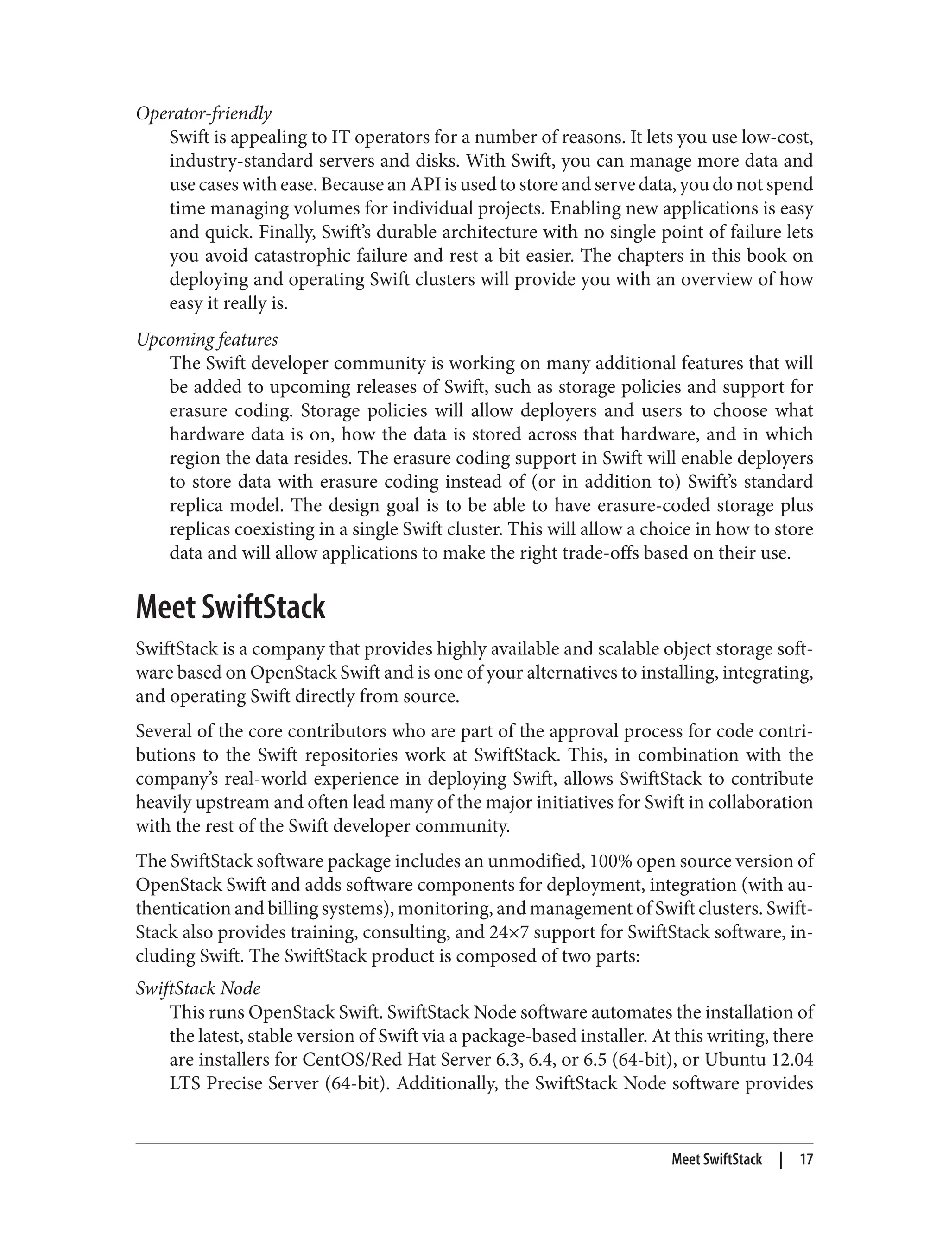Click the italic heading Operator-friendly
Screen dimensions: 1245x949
click(x=203, y=113)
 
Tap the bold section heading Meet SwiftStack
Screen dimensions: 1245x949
click(x=230, y=608)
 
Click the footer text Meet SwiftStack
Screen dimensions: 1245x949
click(x=716, y=1160)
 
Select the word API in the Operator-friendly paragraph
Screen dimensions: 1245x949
click(x=418, y=185)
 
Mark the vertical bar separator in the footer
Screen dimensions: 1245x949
click(x=781, y=1160)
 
